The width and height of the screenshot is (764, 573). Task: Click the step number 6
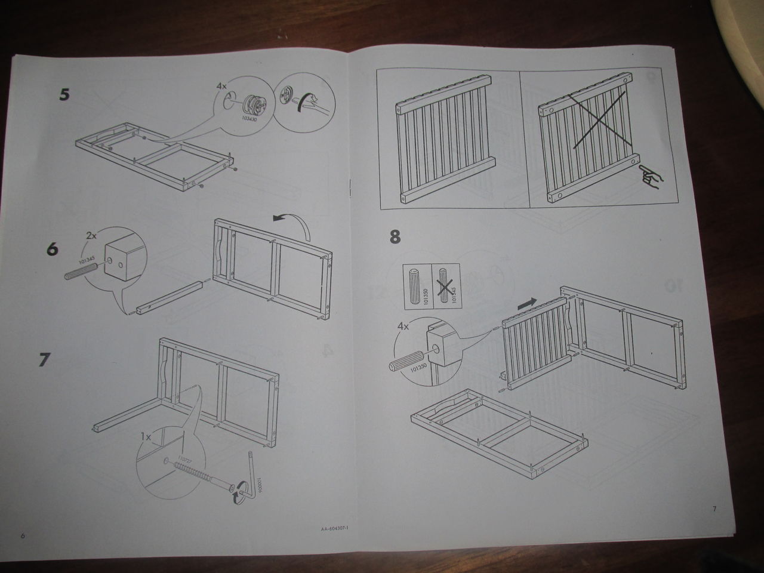[53, 248]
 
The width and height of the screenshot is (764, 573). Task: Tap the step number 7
[44, 360]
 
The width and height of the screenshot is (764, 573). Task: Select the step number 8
[395, 237]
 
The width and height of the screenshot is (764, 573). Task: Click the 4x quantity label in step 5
[222, 87]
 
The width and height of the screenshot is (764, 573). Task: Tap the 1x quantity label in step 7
[146, 437]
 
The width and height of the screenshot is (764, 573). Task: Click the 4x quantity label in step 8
[403, 326]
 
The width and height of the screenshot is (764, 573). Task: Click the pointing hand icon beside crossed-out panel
[648, 177]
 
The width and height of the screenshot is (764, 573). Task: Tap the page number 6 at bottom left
[23, 535]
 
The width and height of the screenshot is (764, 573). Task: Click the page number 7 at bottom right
[713, 509]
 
